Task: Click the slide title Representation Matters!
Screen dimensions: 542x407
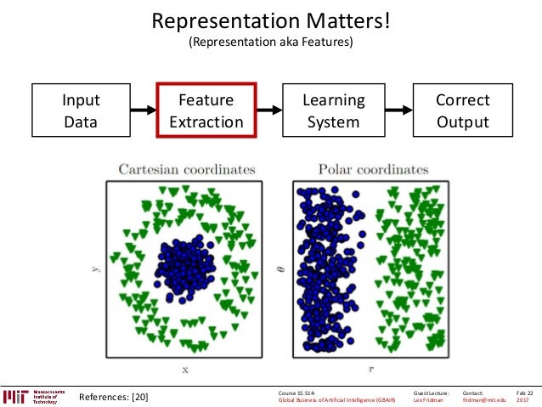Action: click(x=270, y=20)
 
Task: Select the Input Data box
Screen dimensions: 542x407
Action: click(x=81, y=110)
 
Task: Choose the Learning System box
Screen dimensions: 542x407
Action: click(x=334, y=110)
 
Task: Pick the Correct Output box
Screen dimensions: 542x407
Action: click(x=462, y=110)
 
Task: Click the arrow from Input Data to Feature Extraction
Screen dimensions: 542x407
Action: click(x=143, y=110)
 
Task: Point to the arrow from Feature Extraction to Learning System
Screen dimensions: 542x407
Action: click(x=269, y=110)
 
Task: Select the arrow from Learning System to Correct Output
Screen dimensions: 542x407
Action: click(x=399, y=110)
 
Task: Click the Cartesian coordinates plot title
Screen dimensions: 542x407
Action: click(x=187, y=170)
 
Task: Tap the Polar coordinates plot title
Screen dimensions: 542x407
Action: click(x=372, y=170)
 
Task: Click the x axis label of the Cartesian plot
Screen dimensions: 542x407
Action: click(x=185, y=370)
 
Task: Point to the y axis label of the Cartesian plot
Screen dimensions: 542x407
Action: click(x=94, y=270)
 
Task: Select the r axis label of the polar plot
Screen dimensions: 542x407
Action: click(x=371, y=370)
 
